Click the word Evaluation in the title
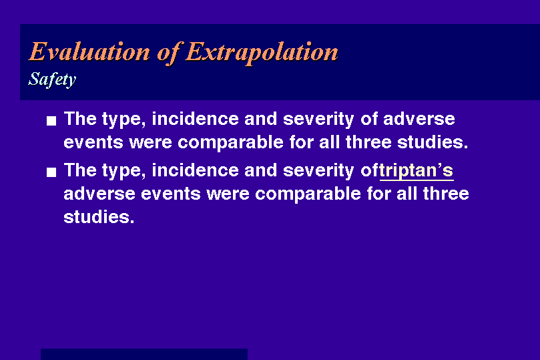click(89, 51)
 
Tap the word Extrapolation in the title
click(262, 53)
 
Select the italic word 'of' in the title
click(168, 53)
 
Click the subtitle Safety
click(52, 79)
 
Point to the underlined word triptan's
click(417, 171)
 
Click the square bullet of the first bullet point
click(51, 121)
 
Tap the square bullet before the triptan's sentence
click(51, 172)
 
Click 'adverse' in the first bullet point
click(419, 119)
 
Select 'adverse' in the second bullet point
click(99, 194)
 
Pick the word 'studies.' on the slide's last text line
click(99, 217)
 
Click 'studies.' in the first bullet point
click(433, 142)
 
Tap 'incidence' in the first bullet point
click(196, 119)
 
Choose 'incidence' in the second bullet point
click(196, 170)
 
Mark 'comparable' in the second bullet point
click(308, 194)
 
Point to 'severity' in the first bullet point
click(318, 120)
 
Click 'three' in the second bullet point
click(446, 194)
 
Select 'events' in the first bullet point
click(93, 143)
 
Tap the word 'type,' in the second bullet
click(124, 171)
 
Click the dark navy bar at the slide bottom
click(144, 354)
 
